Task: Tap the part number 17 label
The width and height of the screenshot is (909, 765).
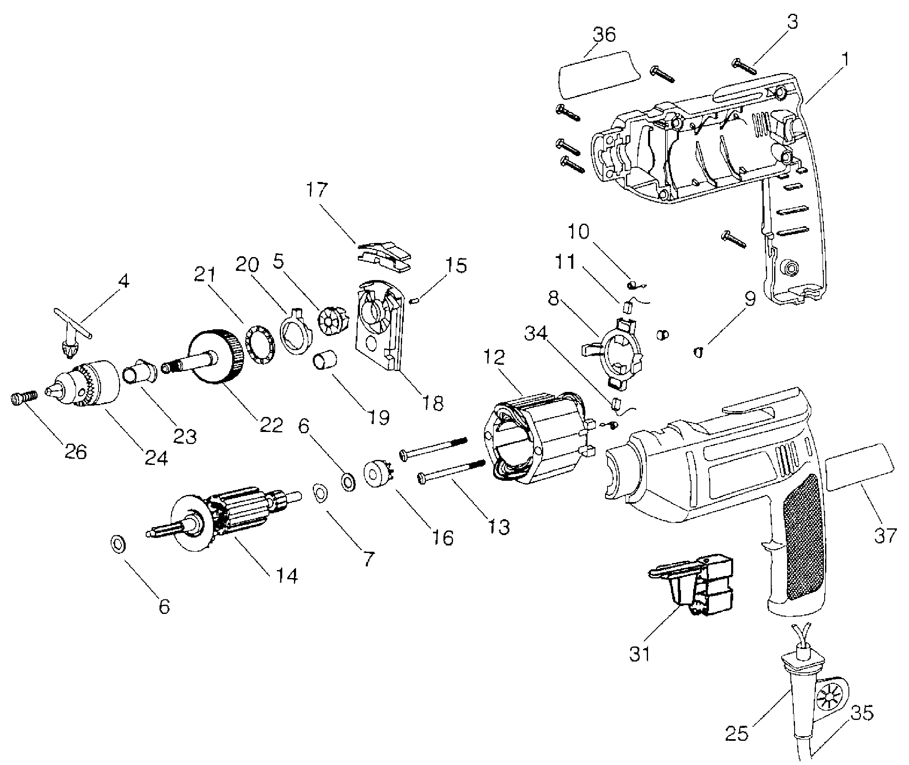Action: pos(317,189)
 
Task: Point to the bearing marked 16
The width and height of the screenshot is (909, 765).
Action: pos(377,474)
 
